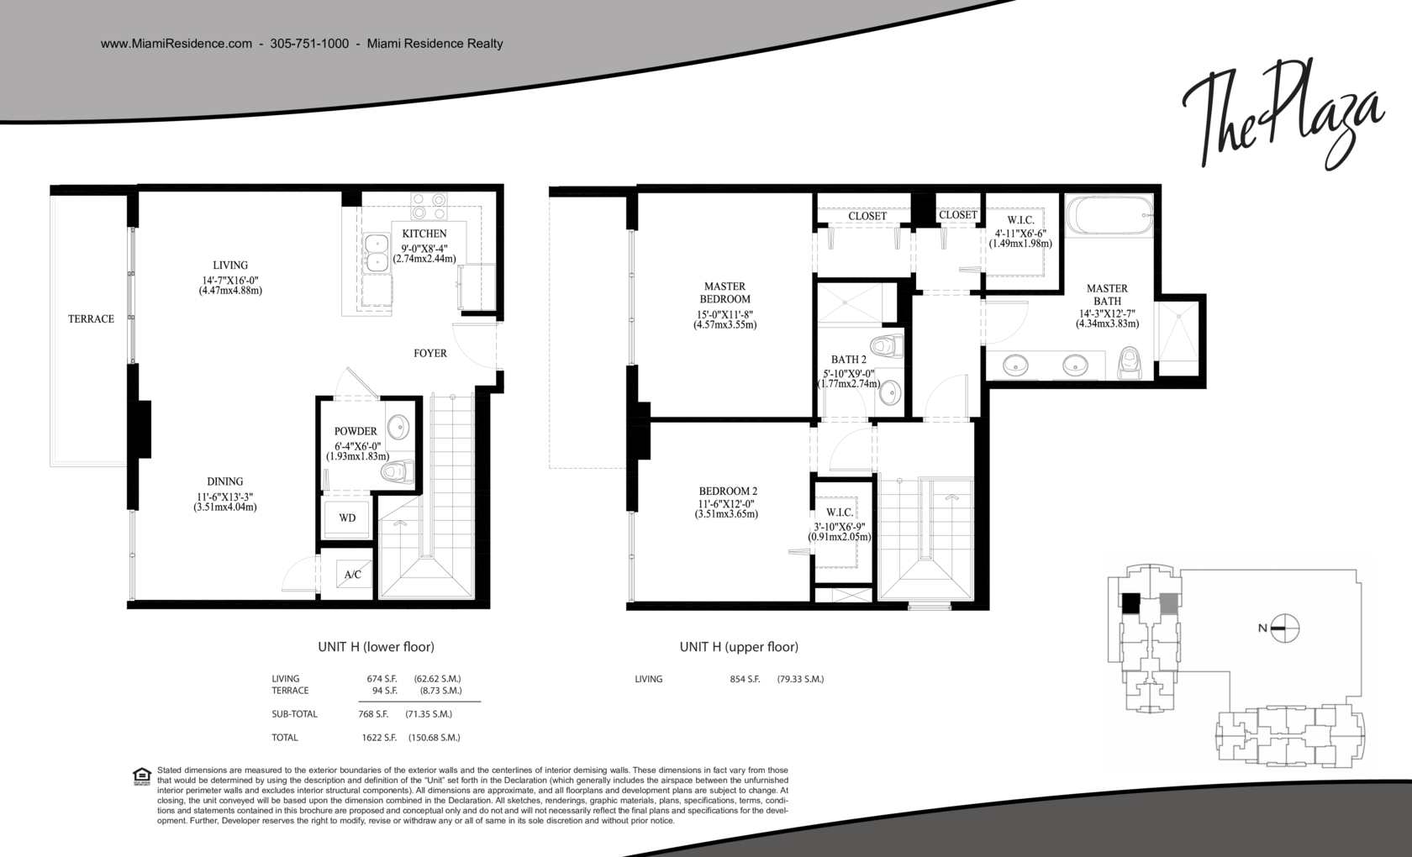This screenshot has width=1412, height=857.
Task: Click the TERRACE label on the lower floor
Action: pyautogui.click(x=91, y=319)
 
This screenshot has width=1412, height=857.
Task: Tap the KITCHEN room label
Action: pyautogui.click(x=424, y=234)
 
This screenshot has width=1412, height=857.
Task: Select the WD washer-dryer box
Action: pyautogui.click(x=347, y=518)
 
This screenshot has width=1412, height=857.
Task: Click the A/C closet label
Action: pyautogui.click(x=352, y=574)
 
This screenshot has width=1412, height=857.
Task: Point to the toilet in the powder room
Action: pyautogui.click(x=398, y=471)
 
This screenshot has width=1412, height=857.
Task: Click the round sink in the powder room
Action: pyautogui.click(x=398, y=427)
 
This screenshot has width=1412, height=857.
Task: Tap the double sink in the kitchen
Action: pyautogui.click(x=376, y=252)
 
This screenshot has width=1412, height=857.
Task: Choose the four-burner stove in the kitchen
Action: pyautogui.click(x=429, y=207)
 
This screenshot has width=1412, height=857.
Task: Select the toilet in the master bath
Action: pyautogui.click(x=1130, y=363)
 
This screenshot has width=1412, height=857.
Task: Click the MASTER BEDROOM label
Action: pyautogui.click(x=724, y=293)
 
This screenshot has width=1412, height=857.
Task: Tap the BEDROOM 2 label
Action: pyautogui.click(x=728, y=491)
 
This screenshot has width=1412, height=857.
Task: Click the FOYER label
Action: pyautogui.click(x=430, y=354)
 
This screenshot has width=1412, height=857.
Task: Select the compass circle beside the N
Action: pyautogui.click(x=1284, y=628)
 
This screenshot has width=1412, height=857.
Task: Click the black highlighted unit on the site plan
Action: pyautogui.click(x=1131, y=603)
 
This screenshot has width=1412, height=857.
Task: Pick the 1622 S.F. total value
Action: pyautogui.click(x=380, y=738)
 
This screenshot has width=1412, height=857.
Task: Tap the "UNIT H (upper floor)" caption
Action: pyautogui.click(x=739, y=647)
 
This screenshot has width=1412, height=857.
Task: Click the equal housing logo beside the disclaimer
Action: pyautogui.click(x=143, y=776)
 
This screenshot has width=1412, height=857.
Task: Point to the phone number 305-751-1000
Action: pyautogui.click(x=309, y=44)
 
